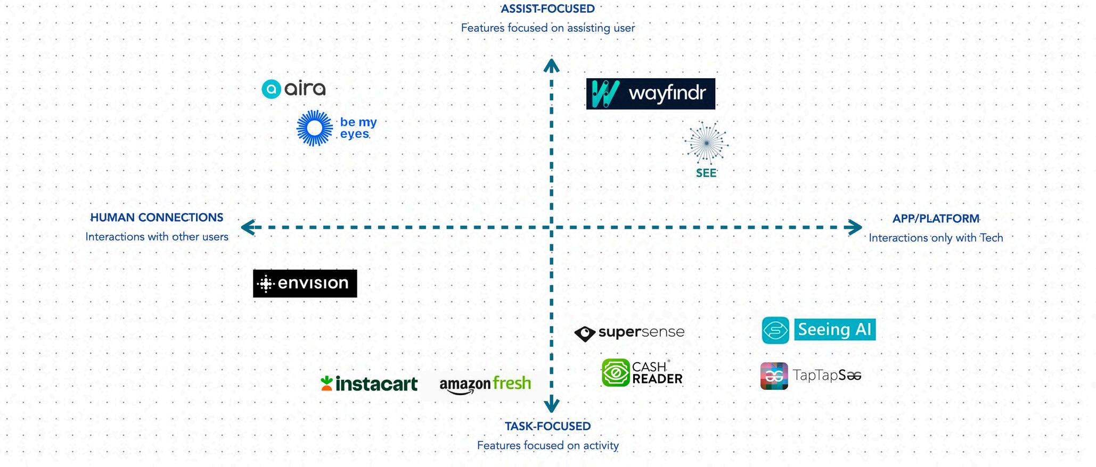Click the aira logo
(293, 89)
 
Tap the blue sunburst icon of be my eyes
(314, 128)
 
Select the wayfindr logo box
(650, 94)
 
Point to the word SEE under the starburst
(706, 173)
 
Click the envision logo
(305, 283)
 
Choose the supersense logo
(629, 333)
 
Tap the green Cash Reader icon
(616, 372)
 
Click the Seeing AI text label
(835, 330)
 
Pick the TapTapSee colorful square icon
(774, 376)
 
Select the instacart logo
(369, 383)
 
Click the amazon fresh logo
(485, 384)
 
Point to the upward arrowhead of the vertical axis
(551, 65)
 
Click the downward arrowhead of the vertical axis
(551, 406)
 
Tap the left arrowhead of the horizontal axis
(247, 228)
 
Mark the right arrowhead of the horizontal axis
(856, 228)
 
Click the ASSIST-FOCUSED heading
(548, 9)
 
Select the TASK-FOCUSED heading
(548, 426)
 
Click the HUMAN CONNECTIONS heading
(157, 218)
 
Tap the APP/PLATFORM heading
(936, 219)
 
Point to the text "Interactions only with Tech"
(936, 238)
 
